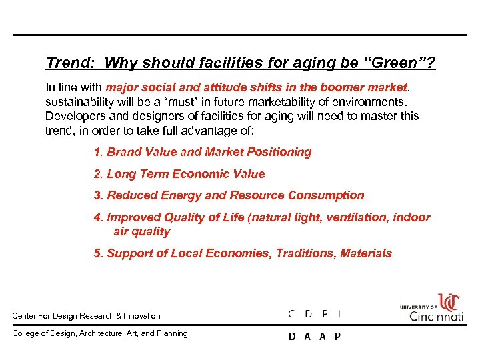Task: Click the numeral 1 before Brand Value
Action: [x=97, y=152]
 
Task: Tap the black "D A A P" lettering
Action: [x=314, y=337]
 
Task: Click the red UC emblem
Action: [x=448, y=302]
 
